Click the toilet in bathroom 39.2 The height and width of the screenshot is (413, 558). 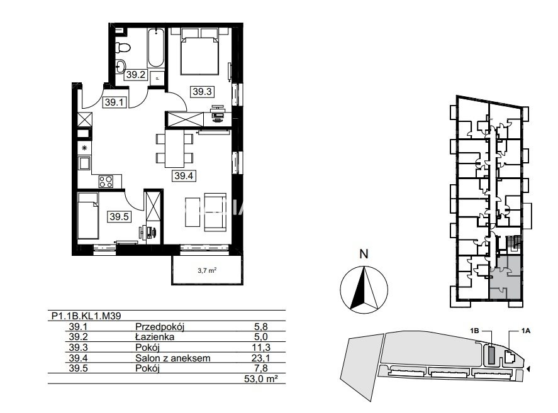(x=123, y=47)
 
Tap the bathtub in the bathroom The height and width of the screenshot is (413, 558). (x=156, y=48)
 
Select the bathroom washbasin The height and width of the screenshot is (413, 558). (x=121, y=66)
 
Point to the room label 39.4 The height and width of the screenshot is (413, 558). (x=184, y=175)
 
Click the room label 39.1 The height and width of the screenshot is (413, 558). (x=114, y=102)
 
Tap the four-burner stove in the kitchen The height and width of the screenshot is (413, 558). (x=106, y=182)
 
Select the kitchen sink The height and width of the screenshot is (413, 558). (x=85, y=163)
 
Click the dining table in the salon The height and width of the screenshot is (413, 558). (x=174, y=148)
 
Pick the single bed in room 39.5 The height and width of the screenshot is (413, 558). (x=88, y=216)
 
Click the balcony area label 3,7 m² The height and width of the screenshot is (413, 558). (x=207, y=271)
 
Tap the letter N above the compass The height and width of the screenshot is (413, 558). (x=364, y=254)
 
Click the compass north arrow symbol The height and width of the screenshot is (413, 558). (x=364, y=287)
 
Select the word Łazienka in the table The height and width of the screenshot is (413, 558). (x=155, y=336)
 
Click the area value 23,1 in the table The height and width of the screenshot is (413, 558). (x=260, y=358)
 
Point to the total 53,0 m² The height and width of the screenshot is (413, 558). (x=261, y=379)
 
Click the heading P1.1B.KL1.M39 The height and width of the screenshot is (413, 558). (x=86, y=316)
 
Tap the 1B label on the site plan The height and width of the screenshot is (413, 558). (x=474, y=331)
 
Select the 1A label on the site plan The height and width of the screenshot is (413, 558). (x=526, y=331)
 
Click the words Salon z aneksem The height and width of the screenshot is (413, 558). (x=172, y=358)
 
